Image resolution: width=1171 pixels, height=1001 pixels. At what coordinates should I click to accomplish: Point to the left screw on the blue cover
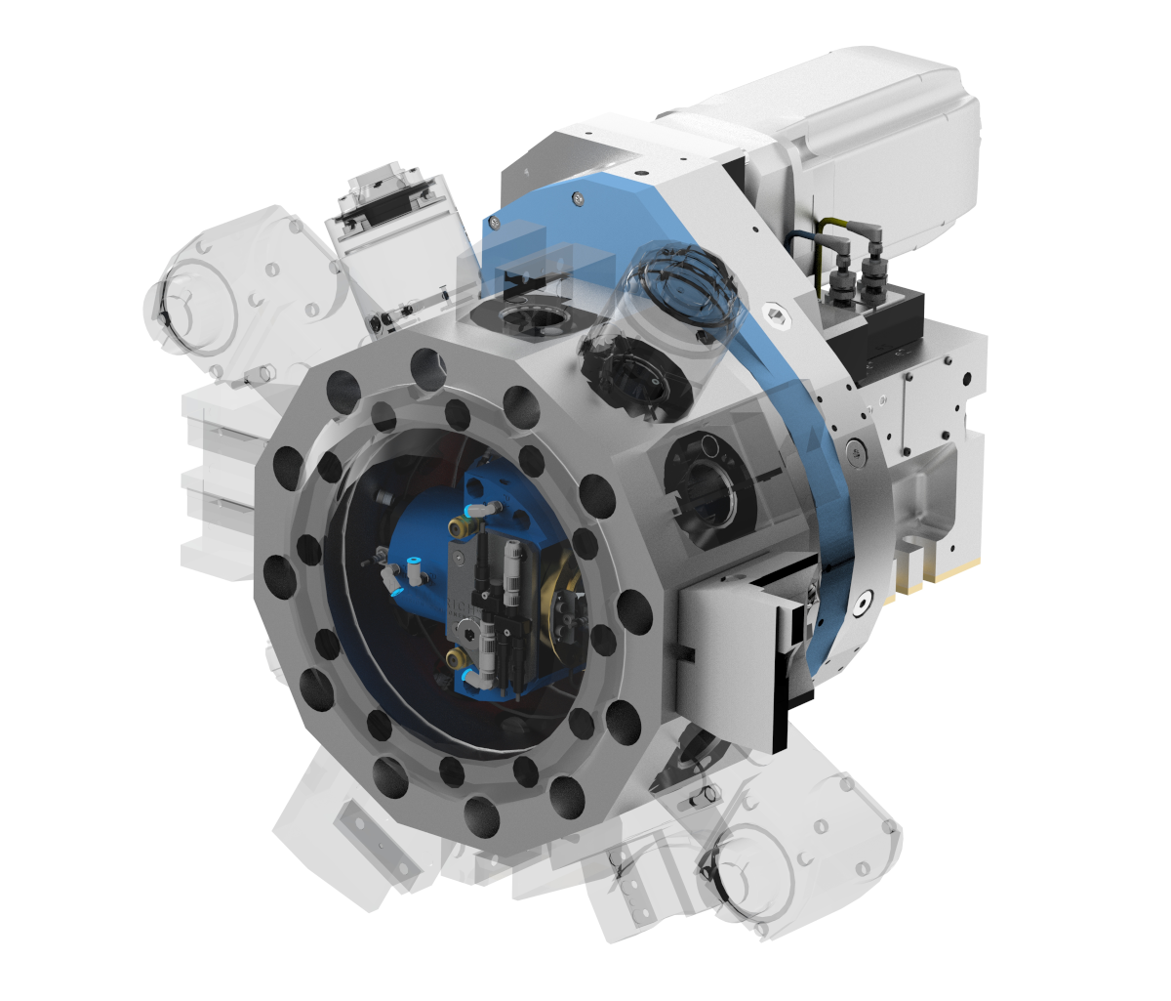click(497, 224)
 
